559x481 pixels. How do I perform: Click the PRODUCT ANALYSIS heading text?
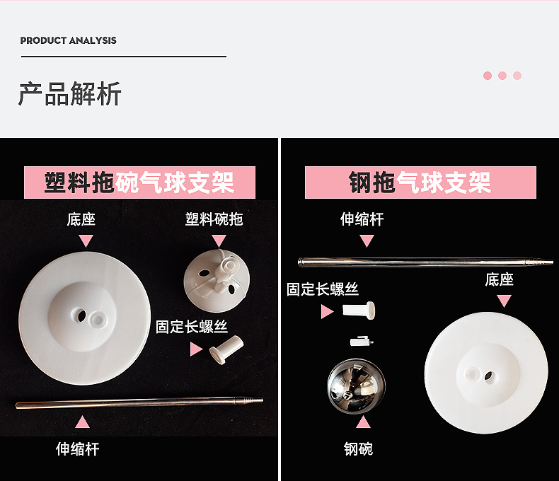coord(68,40)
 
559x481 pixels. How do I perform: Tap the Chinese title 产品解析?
coord(69,94)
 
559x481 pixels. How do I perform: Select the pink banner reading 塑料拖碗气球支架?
coord(139,182)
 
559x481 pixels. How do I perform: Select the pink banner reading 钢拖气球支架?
coord(420,182)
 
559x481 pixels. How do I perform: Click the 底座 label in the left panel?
coord(81,219)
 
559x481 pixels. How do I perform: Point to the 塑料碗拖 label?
coord(214,219)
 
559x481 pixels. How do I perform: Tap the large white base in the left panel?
coord(85,318)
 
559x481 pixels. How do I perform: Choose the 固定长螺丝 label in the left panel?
coord(192,327)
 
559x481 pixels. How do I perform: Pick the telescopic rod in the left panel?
coord(139,403)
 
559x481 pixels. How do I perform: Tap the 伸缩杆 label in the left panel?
coord(78,448)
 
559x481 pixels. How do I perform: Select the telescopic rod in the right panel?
coord(425,262)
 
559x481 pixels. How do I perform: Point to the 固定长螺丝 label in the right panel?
coord(323,289)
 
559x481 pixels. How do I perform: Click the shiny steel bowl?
coord(356,386)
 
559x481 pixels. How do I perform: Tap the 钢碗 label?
coord(358,448)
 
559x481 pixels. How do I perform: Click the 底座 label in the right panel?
coord(499,279)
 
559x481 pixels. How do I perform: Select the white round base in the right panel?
coord(485,372)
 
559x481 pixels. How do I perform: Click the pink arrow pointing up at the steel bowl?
coord(364,424)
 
